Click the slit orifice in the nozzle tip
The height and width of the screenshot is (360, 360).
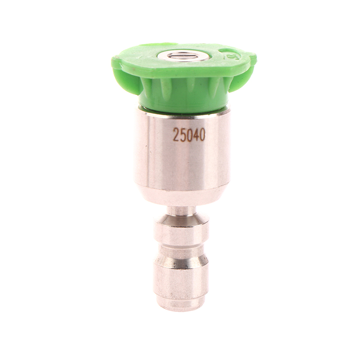[x=179, y=56]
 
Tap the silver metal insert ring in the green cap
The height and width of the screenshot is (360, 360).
[x=179, y=56]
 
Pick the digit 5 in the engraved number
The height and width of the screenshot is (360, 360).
[x=182, y=135]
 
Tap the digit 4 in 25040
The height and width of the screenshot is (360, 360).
[x=195, y=135]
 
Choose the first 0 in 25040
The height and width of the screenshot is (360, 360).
[x=189, y=135]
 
